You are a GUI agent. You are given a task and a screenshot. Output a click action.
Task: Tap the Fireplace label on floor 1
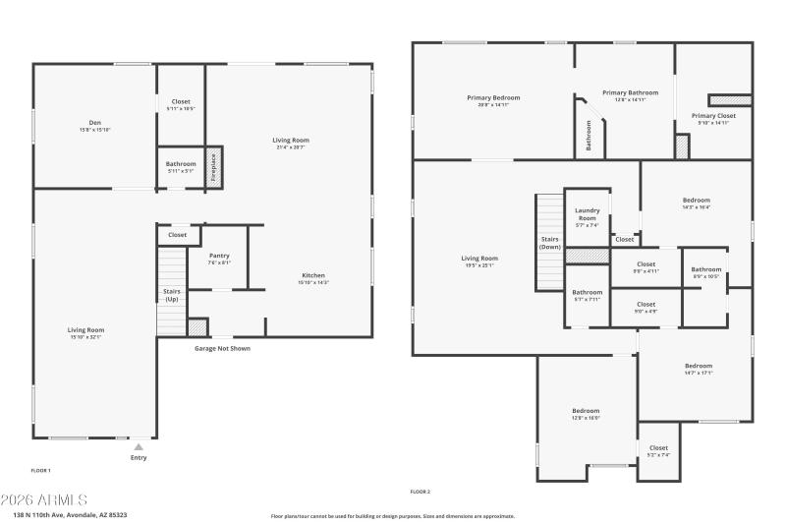click(x=213, y=167)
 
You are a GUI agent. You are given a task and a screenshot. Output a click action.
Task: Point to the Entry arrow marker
click(x=139, y=447)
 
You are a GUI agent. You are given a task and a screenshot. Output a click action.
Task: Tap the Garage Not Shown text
click(x=221, y=347)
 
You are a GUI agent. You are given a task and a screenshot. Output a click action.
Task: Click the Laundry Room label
click(x=588, y=213)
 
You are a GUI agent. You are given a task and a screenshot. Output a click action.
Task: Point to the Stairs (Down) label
click(x=550, y=242)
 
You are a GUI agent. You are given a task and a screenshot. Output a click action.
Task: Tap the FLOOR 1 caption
click(x=41, y=471)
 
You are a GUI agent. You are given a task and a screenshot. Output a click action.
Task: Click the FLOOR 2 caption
click(x=420, y=492)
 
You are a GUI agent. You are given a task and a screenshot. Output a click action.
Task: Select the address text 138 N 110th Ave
click(x=70, y=514)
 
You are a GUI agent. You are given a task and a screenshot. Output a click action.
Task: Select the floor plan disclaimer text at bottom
click(x=392, y=515)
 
